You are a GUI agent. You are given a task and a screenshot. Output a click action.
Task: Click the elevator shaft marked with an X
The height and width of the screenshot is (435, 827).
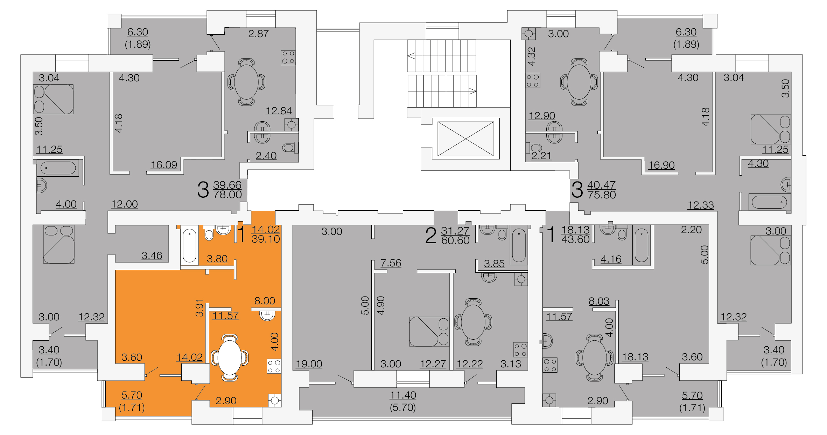point(465,139)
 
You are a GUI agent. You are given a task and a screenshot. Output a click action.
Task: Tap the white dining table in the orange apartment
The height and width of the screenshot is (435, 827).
point(229,358)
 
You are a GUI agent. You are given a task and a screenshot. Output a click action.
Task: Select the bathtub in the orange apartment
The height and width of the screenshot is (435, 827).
point(189,245)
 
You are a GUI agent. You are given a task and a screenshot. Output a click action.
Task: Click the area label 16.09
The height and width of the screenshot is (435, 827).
point(164,165)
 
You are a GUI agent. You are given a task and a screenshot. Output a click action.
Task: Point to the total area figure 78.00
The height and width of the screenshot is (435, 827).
point(227,195)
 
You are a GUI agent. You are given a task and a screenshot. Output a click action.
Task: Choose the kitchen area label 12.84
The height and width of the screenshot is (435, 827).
point(279,111)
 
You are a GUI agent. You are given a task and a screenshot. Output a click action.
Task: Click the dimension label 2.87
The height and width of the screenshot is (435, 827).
point(258,34)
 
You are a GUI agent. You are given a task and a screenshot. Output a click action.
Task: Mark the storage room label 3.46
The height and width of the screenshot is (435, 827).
point(152,256)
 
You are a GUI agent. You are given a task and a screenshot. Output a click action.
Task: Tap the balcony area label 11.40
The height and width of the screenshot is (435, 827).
point(403,395)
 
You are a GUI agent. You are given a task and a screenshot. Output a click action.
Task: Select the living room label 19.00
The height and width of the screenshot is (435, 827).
point(309,364)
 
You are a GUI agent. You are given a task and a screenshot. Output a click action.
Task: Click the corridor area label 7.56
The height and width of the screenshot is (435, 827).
point(391,263)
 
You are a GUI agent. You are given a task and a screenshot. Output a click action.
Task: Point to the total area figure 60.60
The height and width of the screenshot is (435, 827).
point(455,240)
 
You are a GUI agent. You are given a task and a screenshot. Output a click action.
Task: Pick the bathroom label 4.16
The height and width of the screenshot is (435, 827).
point(611,259)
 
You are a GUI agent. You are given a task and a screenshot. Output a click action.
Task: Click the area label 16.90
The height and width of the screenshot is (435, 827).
point(661,165)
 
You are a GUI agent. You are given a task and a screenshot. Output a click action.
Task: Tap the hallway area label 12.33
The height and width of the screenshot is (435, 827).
point(700,205)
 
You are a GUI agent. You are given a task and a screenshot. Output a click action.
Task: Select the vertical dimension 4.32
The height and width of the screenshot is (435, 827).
point(532,56)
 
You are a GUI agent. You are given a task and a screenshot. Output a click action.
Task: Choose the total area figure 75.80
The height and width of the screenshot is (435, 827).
point(602,195)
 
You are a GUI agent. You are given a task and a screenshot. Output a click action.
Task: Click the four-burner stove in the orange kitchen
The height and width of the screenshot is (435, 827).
point(274,366)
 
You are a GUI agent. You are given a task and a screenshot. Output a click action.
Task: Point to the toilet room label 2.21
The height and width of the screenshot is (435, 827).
point(541,156)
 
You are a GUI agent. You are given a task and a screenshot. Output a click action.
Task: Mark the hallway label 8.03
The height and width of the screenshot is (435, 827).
point(599,301)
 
